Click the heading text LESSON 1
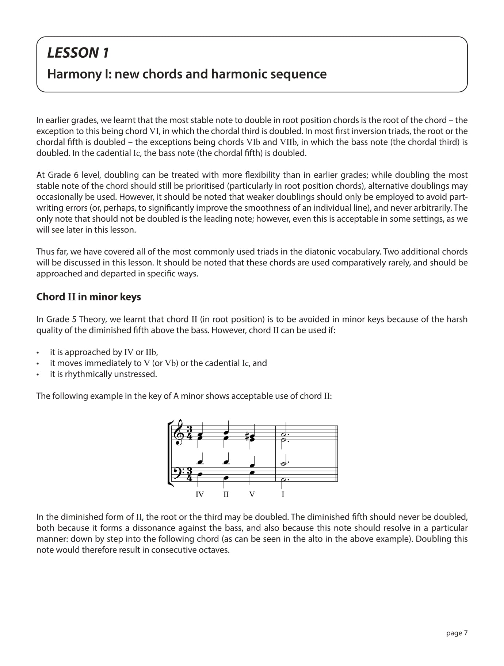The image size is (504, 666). click(x=78, y=53)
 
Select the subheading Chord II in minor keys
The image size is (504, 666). click(x=88, y=297)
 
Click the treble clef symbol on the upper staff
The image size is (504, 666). click(x=179, y=433)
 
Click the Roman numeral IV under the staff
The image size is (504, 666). click(x=199, y=495)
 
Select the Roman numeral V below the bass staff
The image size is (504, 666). click(x=252, y=495)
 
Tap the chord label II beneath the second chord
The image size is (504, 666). click(x=226, y=495)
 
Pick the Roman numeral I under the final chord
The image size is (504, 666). click(x=283, y=495)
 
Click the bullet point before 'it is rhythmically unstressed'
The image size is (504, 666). click(x=38, y=375)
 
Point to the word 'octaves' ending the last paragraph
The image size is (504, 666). click(x=215, y=550)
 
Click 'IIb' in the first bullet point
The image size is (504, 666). click(x=151, y=352)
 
